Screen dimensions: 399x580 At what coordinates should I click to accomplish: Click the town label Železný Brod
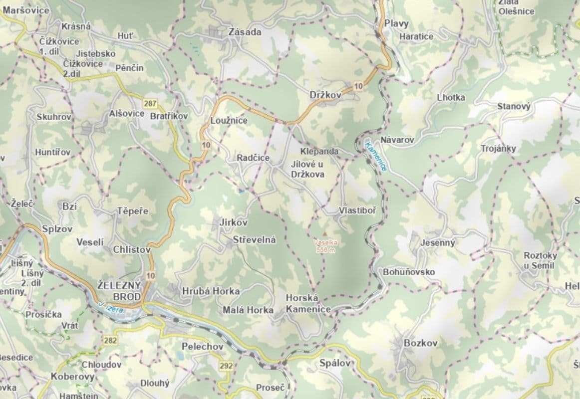(x=119, y=290)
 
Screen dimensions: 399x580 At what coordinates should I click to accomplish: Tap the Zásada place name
(x=245, y=32)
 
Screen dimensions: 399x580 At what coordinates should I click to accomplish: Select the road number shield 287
(x=149, y=104)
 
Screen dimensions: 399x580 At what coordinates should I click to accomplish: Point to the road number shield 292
(x=226, y=366)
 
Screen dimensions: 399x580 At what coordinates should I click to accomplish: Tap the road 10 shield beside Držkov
(x=358, y=86)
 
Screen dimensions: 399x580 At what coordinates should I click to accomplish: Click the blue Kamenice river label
(x=376, y=157)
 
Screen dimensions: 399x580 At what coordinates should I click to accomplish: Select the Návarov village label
(x=397, y=140)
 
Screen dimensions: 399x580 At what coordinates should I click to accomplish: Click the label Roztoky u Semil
(x=540, y=260)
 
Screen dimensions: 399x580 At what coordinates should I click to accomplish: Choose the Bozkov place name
(x=420, y=343)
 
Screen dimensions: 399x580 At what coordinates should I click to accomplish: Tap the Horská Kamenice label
(x=308, y=303)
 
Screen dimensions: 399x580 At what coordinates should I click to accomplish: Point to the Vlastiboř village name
(x=357, y=210)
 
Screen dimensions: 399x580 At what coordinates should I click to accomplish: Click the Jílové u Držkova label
(x=307, y=169)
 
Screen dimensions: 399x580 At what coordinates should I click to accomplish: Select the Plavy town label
(x=396, y=23)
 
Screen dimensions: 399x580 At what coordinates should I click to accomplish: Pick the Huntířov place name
(x=52, y=152)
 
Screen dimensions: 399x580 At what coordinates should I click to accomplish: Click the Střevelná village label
(x=254, y=239)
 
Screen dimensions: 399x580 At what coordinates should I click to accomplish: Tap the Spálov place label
(x=335, y=363)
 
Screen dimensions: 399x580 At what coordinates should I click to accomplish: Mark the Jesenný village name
(x=438, y=243)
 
